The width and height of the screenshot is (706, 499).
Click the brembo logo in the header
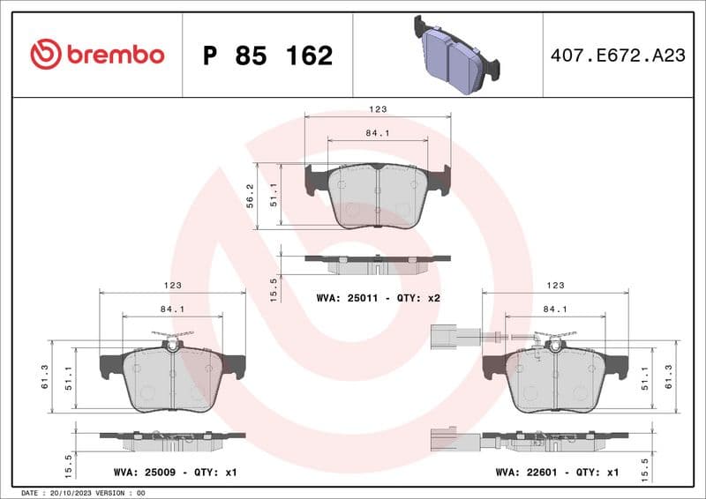(x=97, y=55)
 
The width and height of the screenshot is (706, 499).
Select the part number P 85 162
(x=267, y=56)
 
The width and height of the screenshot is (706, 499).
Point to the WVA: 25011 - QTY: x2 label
(x=378, y=298)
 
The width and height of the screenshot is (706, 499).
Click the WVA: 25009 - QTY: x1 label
(x=176, y=473)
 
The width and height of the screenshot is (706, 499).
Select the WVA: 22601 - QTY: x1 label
(x=557, y=473)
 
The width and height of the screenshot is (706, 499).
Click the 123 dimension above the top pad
(x=378, y=109)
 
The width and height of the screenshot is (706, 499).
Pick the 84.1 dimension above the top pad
(x=378, y=134)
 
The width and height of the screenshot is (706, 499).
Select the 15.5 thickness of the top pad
(x=274, y=287)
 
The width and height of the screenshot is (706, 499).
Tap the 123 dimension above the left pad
(x=172, y=286)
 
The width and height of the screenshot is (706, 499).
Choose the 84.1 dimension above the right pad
(x=555, y=309)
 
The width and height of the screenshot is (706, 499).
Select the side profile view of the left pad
(x=172, y=436)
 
